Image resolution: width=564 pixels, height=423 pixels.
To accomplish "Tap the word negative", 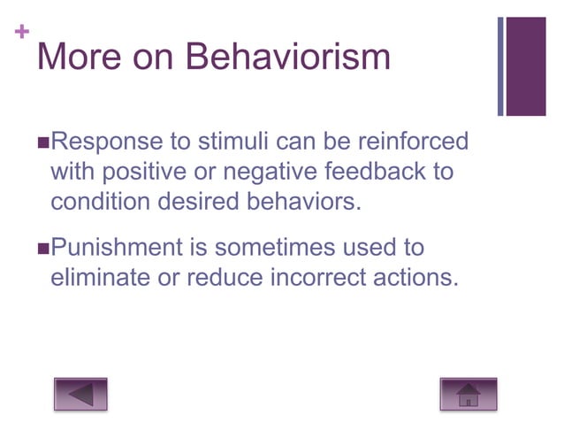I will (x=267, y=171).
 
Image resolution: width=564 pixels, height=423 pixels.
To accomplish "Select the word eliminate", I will (x=103, y=277).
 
